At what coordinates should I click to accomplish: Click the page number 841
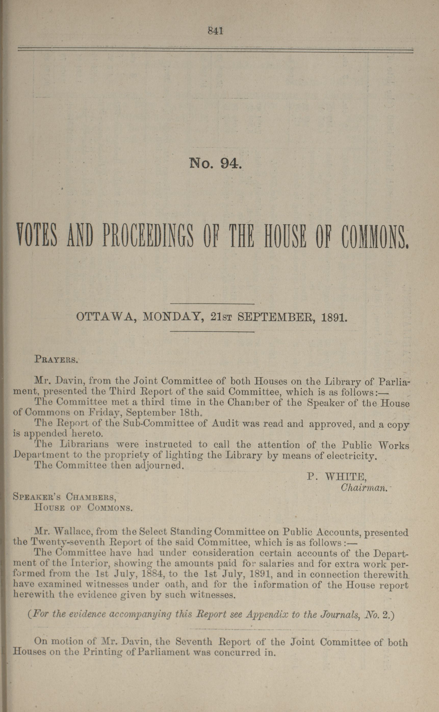[215, 31]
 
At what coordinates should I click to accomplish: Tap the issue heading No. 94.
[215, 163]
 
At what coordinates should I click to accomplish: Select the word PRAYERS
[56, 359]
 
